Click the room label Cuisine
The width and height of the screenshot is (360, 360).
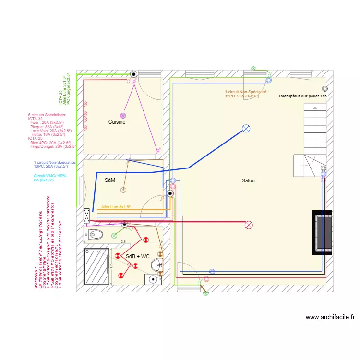[x=117, y=122]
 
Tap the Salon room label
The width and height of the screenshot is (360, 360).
[x=248, y=181]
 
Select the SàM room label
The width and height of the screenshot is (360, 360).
[x=110, y=180]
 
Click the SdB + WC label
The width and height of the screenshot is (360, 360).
[x=138, y=257]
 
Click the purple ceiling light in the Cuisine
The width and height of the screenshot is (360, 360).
[x=122, y=116]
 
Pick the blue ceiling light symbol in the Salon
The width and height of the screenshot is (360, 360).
[x=246, y=128]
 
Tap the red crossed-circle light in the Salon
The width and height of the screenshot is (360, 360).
[x=249, y=225]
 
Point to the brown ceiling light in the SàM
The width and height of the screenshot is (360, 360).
[x=122, y=190]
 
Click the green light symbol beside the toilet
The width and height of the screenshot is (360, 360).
[x=114, y=235]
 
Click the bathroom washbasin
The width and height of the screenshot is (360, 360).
[x=157, y=264]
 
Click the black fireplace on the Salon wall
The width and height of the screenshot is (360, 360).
[x=323, y=233]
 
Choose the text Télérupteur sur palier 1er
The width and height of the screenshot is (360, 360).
[x=302, y=96]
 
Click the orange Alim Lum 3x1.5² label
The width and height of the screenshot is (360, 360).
[x=116, y=207]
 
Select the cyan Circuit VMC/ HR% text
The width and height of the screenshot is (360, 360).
[x=50, y=176]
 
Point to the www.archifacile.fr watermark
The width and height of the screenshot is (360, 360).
[x=330, y=317]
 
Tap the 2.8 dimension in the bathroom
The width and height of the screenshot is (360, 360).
[x=123, y=242]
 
